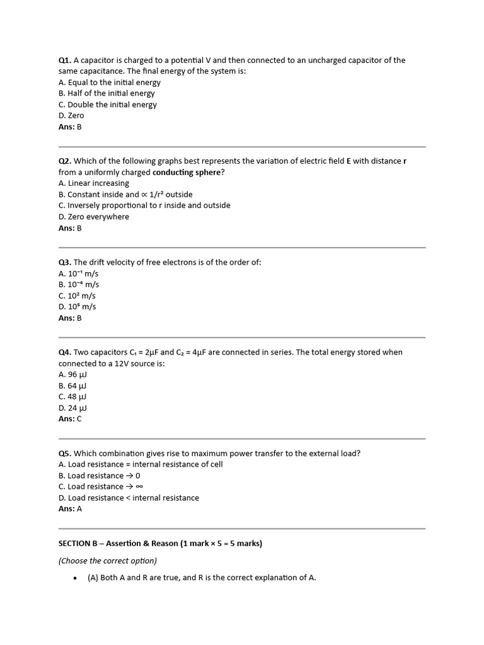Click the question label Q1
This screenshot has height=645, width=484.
tap(65, 60)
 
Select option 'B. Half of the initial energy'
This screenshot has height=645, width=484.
tap(107, 93)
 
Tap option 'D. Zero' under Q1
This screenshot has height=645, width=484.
tap(71, 116)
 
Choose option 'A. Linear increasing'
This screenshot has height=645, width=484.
tap(94, 183)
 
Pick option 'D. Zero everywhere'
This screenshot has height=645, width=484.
tap(94, 217)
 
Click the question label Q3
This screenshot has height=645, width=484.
tap(65, 262)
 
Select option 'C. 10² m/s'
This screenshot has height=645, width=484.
tap(77, 296)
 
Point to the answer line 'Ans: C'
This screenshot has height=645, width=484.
tap(70, 419)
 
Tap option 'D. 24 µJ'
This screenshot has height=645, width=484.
tap(72, 408)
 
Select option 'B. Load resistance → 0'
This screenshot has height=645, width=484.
tap(100, 476)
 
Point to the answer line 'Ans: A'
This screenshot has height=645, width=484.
tap(70, 509)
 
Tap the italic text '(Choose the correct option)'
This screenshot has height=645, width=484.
tap(108, 561)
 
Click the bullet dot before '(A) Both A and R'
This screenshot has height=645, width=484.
tap(75, 578)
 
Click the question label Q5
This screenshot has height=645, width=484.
tap(65, 454)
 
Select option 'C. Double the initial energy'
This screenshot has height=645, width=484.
tap(108, 105)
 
